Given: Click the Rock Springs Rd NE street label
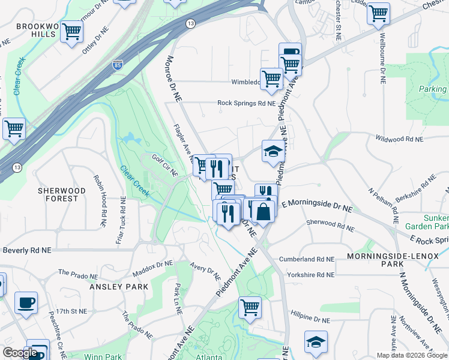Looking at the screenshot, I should (246, 103).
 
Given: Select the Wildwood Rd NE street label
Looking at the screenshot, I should (399, 139).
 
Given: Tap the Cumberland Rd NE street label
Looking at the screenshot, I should (306, 259).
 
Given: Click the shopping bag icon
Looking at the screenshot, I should (263, 211).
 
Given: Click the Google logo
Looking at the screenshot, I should (20, 353).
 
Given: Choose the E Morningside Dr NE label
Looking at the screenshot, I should (320, 206).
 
